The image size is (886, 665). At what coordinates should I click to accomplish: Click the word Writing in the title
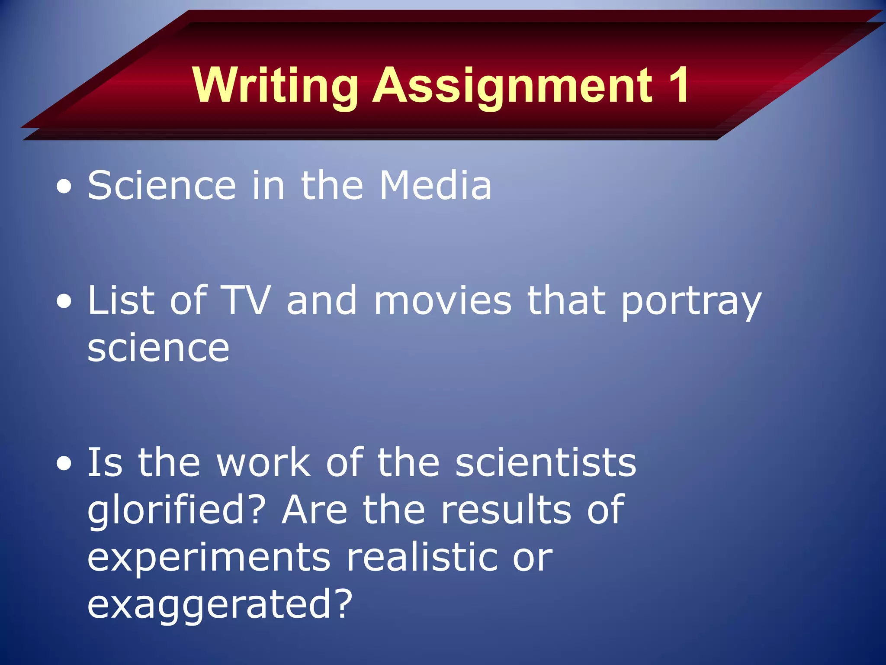[275, 85]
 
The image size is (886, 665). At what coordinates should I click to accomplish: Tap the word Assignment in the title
[512, 85]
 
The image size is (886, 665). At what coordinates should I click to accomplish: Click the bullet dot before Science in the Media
[64, 187]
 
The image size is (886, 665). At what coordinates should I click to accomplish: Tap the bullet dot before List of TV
[64, 302]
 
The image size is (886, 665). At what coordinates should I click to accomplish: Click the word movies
[443, 300]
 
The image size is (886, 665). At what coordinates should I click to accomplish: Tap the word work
[263, 463]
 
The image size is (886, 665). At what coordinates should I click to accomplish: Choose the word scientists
[546, 463]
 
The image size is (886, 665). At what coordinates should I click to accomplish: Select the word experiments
[209, 558]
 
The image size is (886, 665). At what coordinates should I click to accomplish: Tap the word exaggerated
[220, 605]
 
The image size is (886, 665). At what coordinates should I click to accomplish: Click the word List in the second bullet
[121, 300]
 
